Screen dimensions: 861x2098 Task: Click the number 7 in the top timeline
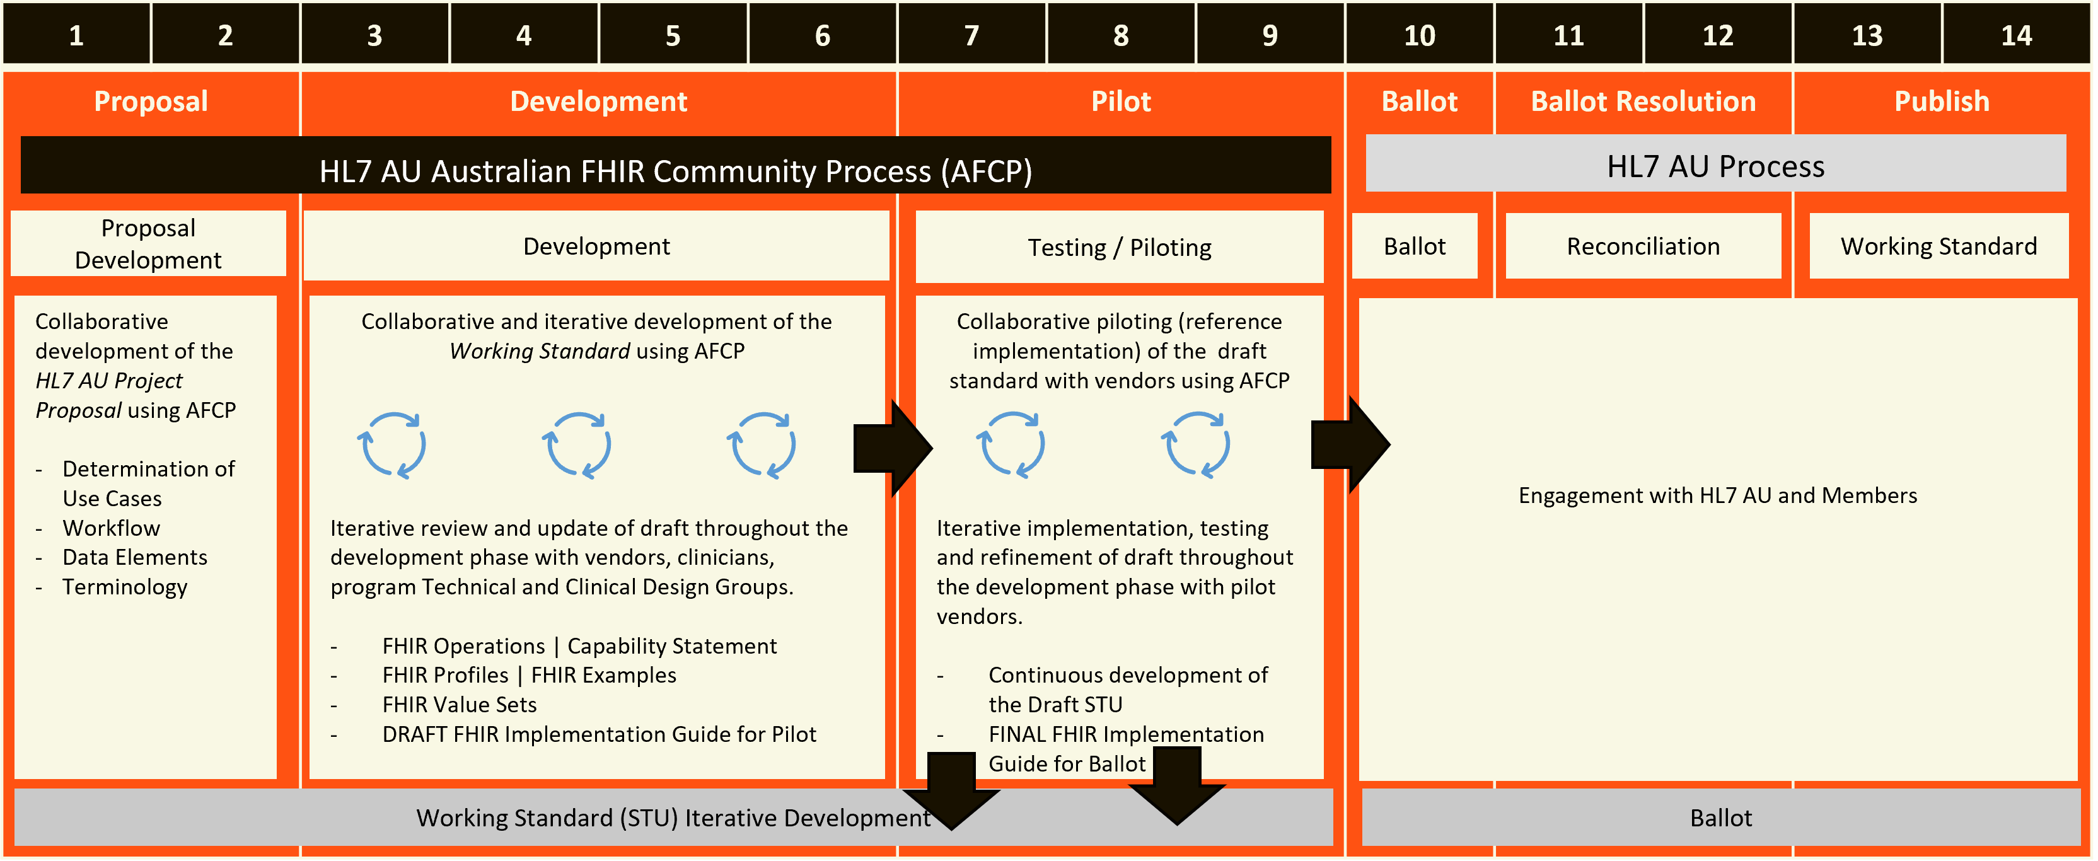tap(971, 35)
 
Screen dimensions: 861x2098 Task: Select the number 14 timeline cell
tap(2016, 35)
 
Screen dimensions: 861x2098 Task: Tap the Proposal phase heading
tap(151, 101)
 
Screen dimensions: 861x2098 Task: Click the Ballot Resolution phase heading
tap(1643, 101)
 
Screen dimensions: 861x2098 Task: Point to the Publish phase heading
tap(1941, 101)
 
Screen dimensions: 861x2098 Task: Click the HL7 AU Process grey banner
tap(1715, 165)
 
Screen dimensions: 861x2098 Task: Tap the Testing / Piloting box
tap(1119, 247)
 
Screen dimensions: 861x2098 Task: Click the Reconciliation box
tap(1643, 246)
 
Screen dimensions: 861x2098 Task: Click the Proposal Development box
tap(148, 243)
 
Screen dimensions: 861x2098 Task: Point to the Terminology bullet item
tap(125, 586)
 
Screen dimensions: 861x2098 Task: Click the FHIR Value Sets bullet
tap(460, 705)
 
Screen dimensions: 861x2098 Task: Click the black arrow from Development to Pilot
tap(892, 448)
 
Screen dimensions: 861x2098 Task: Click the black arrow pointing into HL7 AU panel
tap(1350, 445)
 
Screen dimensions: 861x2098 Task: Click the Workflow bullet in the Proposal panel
tap(112, 528)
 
